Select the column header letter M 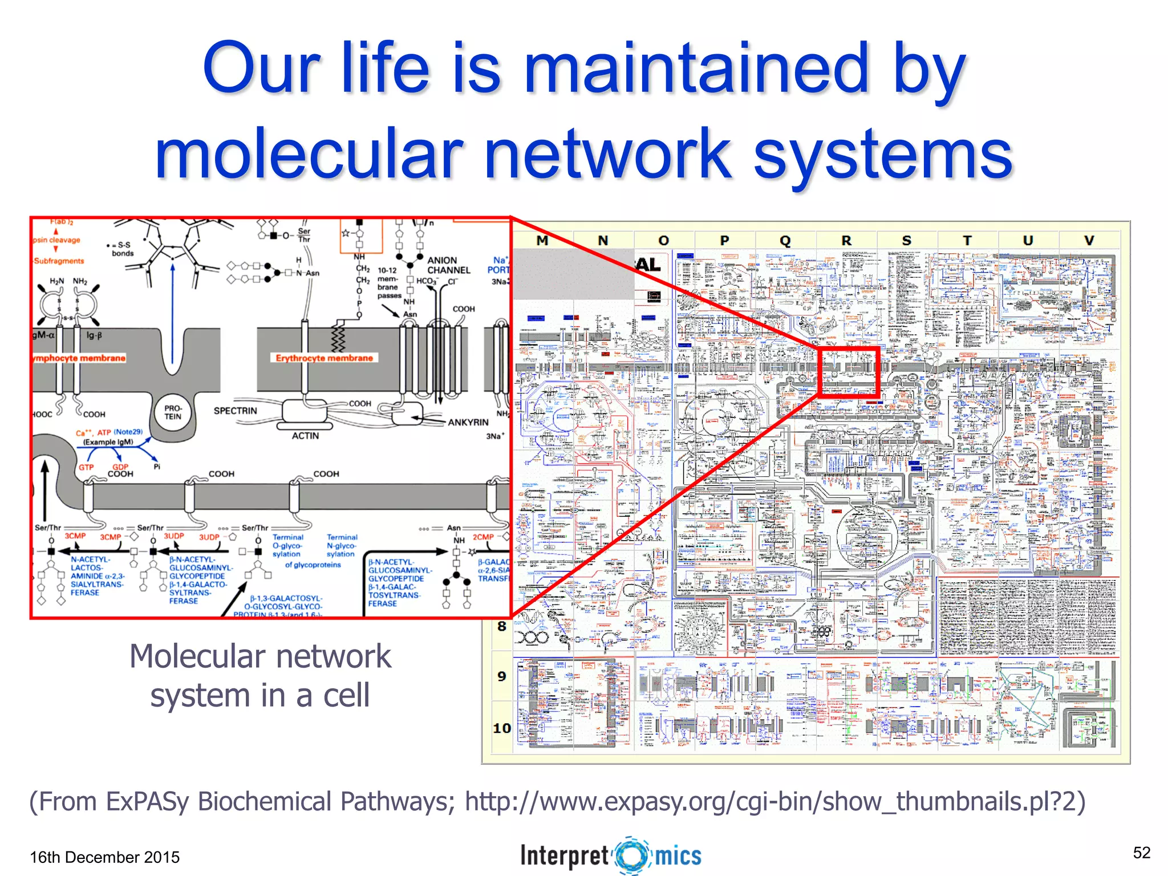click(x=542, y=241)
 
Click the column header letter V click(x=1089, y=241)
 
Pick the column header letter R click(x=846, y=241)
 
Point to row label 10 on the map click(x=502, y=728)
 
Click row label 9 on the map click(x=502, y=676)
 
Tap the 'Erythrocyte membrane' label click(x=324, y=358)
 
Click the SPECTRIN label click(x=235, y=411)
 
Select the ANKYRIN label click(x=468, y=422)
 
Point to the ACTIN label click(x=305, y=436)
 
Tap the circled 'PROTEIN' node click(x=173, y=412)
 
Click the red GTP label click(x=86, y=467)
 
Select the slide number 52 click(x=1142, y=853)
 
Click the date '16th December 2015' click(x=104, y=857)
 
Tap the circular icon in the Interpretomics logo click(x=632, y=855)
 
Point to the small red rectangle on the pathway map click(x=848, y=371)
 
